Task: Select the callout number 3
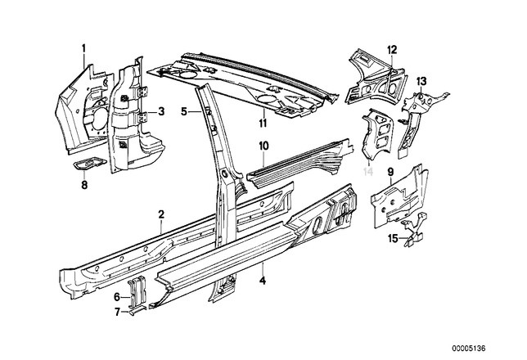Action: tap(162, 111)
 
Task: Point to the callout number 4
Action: tap(262, 281)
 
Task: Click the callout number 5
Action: tap(184, 110)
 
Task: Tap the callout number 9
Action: tap(391, 172)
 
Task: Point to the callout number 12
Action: tap(392, 49)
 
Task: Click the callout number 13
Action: tap(421, 80)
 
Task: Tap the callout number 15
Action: tap(392, 237)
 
